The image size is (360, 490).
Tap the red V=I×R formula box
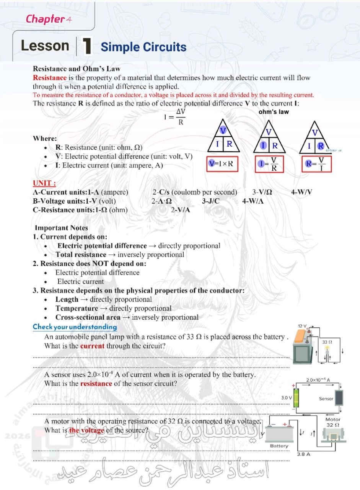coord(222,164)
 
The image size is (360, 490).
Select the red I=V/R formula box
coord(270,165)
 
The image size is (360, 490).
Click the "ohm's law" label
coord(274,112)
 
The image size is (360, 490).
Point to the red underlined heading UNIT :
coord(44,183)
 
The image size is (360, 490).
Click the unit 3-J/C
coord(211,201)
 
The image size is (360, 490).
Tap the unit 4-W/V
coord(301,192)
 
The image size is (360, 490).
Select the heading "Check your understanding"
coord(75,327)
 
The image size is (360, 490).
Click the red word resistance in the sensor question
coord(96,383)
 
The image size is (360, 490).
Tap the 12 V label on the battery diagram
coord(303,326)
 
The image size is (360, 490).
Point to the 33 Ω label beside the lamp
coord(327,341)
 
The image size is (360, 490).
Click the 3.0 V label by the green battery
coord(286,398)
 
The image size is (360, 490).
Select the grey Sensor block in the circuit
coord(339,399)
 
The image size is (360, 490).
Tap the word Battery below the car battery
coord(279,446)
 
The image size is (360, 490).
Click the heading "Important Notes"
coord(61,228)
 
